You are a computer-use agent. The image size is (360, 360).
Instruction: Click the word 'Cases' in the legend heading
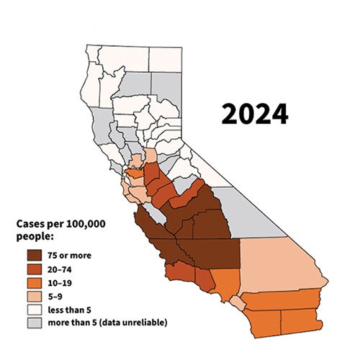click(x=32, y=225)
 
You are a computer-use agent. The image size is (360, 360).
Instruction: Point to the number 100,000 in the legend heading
click(x=86, y=225)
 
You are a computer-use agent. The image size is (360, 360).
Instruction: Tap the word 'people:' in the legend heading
click(x=37, y=237)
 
